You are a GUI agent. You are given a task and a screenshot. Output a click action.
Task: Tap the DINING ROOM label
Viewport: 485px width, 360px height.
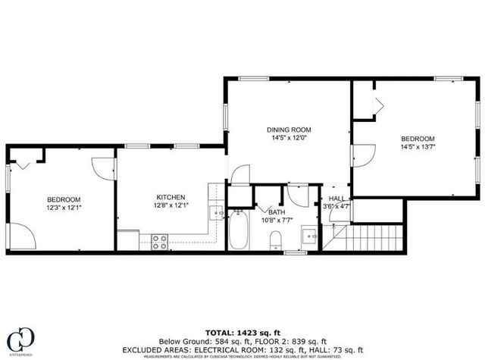click(x=289, y=130)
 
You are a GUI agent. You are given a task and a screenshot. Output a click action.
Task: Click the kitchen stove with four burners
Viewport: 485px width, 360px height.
click(x=160, y=243)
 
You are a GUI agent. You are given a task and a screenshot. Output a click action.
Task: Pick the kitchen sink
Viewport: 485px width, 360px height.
click(x=215, y=214)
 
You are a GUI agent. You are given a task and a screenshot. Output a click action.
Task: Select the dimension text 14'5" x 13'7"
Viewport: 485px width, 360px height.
click(x=418, y=148)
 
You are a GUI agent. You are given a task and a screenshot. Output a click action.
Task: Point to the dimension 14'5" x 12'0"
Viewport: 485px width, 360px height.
click(x=289, y=139)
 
